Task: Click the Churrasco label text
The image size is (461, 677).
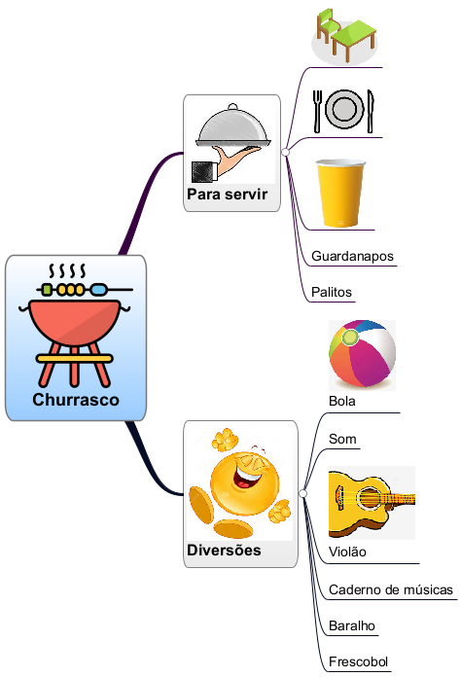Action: pos(76,400)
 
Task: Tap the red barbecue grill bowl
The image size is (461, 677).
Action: pos(74,322)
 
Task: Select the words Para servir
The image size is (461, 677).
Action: pos(227,195)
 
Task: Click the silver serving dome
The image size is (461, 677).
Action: pos(233,127)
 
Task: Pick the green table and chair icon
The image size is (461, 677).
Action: pos(346,36)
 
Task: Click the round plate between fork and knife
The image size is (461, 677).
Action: pos(344,109)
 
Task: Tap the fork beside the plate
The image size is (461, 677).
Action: pos(318,111)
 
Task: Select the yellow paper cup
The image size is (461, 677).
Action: pos(340,193)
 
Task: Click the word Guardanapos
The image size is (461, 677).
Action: pos(352,256)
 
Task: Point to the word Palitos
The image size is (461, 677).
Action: pos(332,293)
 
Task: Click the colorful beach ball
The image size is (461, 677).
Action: pos(362,354)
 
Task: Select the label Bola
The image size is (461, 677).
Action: pos(342,401)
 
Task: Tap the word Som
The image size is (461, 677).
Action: pos(342,439)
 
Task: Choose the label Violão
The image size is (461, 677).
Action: pos(347,552)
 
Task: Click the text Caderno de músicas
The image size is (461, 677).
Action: pos(391,589)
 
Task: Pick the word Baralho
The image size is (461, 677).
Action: pos(352,625)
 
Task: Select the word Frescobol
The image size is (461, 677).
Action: pos(358,661)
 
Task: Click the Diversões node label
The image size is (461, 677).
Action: pos(224,551)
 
